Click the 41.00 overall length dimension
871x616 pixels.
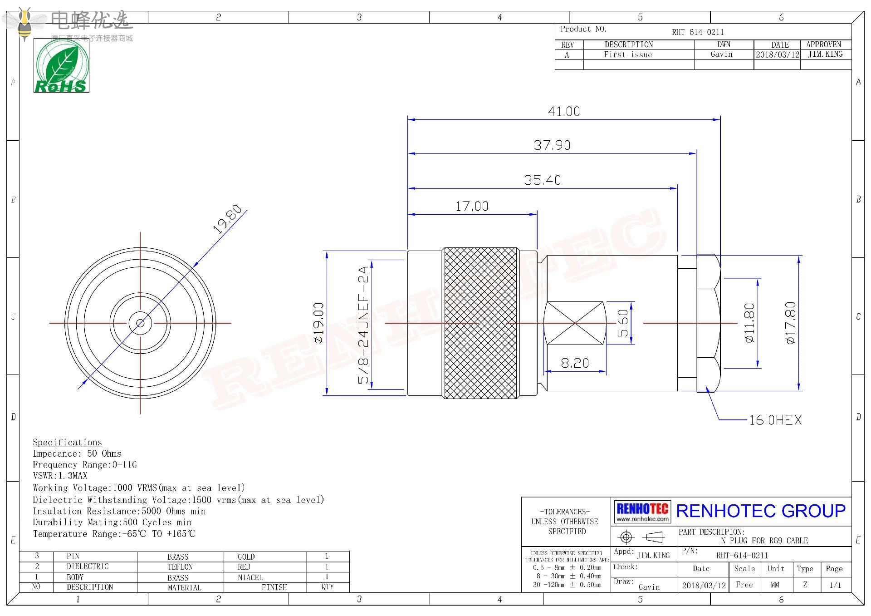(x=564, y=111)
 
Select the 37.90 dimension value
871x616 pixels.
(x=552, y=145)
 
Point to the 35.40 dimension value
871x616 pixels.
(x=543, y=180)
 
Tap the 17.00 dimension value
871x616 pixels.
(x=472, y=207)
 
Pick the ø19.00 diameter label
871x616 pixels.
(x=319, y=323)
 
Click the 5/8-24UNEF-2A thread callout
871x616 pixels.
(x=363, y=325)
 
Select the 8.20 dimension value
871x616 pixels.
(x=575, y=363)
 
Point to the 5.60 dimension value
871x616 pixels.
(x=623, y=323)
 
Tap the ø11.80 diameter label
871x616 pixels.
(x=749, y=323)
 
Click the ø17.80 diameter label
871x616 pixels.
(x=790, y=323)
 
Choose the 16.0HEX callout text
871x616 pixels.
(x=775, y=420)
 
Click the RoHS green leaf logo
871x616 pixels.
(x=61, y=66)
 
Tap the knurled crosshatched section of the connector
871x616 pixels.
(x=480, y=323)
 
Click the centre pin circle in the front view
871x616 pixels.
(x=140, y=323)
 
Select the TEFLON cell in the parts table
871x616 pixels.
(x=180, y=567)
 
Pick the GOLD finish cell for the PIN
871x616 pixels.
(x=246, y=557)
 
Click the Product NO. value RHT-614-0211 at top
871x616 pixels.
(x=698, y=32)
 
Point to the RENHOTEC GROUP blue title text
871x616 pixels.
(x=761, y=511)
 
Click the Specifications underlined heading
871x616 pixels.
(x=67, y=443)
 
